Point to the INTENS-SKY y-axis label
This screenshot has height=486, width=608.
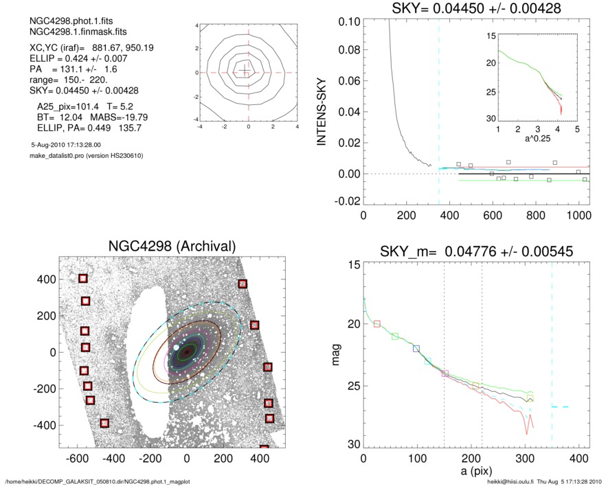320,114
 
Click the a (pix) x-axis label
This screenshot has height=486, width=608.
475,474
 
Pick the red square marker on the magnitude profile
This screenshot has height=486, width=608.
376,323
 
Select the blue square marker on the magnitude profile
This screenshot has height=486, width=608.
416,349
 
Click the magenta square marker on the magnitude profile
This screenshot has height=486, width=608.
445,373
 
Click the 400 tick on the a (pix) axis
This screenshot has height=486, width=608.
578,458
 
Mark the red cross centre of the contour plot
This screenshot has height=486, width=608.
248,72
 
